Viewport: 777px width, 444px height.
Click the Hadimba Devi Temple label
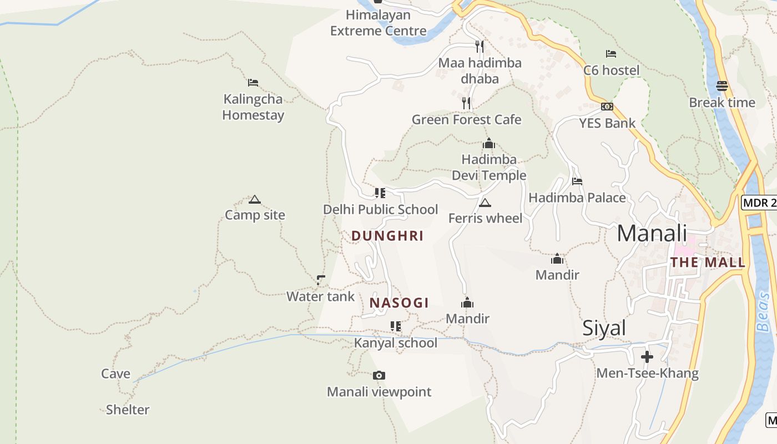[x=488, y=167]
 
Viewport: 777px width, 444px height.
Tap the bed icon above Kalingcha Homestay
[x=253, y=83]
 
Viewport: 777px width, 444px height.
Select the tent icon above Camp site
[x=255, y=200]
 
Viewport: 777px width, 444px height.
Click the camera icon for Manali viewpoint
[x=379, y=376]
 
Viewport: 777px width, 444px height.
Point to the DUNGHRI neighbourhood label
[x=387, y=236]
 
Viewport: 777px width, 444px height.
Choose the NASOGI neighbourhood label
[x=399, y=303]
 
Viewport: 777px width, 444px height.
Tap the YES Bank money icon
[x=607, y=107]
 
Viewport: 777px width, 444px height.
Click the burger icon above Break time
[x=722, y=86]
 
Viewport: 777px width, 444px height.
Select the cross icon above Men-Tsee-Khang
[x=647, y=357]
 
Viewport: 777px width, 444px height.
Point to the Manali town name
[x=652, y=233]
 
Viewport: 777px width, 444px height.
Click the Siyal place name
[x=604, y=329]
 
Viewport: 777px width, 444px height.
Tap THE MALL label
[x=708, y=263]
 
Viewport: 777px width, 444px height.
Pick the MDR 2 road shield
[x=759, y=203]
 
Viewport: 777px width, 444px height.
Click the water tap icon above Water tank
[x=320, y=280]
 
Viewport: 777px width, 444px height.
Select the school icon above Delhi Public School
[x=380, y=193]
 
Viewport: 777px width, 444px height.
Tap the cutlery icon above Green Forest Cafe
[x=466, y=103]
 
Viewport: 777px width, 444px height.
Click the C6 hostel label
[x=611, y=70]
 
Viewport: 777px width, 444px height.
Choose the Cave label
[x=115, y=374]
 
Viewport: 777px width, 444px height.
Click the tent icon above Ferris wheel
[x=485, y=203]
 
